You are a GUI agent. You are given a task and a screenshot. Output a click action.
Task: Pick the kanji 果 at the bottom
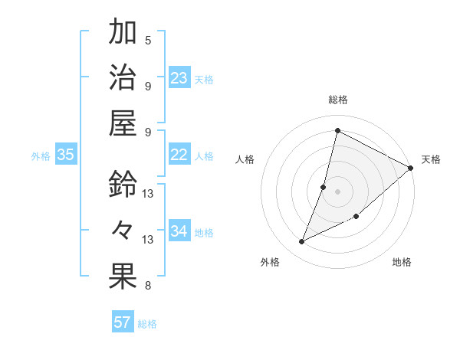pyautogui.click(x=123, y=277)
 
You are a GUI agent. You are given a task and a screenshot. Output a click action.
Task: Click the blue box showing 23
pyautogui.click(x=179, y=78)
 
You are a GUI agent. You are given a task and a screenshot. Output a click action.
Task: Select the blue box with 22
pyautogui.click(x=179, y=155)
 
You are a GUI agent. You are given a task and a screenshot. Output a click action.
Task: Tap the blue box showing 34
pyautogui.click(x=179, y=231)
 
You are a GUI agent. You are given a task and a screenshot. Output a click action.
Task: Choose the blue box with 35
pyautogui.click(x=66, y=155)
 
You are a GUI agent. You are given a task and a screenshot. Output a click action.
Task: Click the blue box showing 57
pyautogui.click(x=123, y=322)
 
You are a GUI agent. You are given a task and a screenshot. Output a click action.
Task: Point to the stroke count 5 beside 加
pyautogui.click(x=148, y=40)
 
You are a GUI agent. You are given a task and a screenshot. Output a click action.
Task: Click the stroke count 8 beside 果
pyautogui.click(x=148, y=286)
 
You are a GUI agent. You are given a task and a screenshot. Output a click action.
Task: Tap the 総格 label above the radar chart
pyautogui.click(x=338, y=100)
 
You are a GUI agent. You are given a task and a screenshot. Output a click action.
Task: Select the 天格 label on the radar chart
pyautogui.click(x=431, y=159)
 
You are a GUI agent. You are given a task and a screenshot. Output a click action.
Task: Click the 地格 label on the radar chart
pyautogui.click(x=402, y=262)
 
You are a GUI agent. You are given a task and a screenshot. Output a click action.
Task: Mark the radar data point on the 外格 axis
pyautogui.click(x=302, y=242)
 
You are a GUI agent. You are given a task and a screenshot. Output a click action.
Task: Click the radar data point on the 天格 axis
pyautogui.click(x=410, y=168)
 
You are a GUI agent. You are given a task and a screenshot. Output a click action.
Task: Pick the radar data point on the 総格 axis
pyautogui.click(x=337, y=130)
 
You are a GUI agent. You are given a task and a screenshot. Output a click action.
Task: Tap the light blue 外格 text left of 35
pyautogui.click(x=41, y=155)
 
